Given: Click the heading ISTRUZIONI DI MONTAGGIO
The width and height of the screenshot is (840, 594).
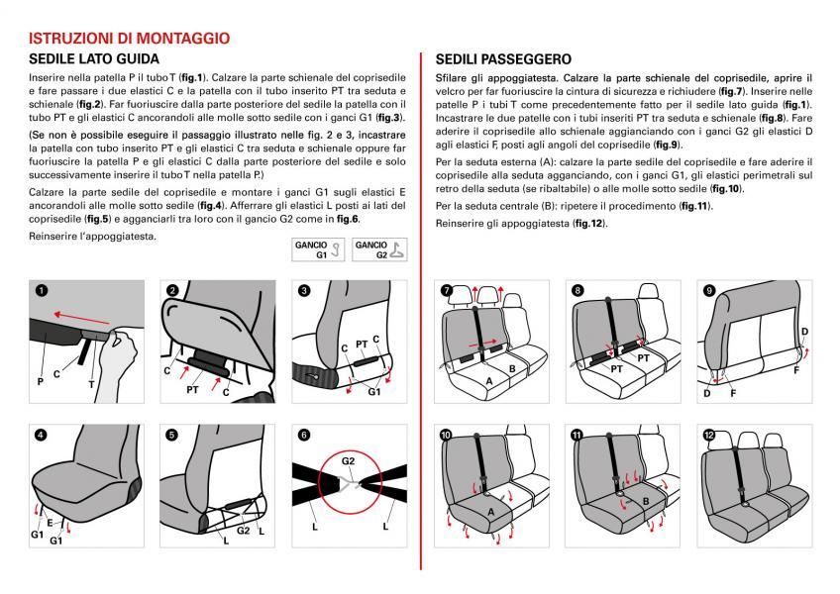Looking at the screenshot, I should coord(130,39).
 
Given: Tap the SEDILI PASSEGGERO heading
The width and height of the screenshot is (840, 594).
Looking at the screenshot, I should coord(503,59).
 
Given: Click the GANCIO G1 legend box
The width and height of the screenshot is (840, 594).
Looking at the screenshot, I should coord(317,248).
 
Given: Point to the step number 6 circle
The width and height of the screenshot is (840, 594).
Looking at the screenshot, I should coord(304,435).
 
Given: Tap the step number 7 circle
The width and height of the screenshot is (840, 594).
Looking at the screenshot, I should coord(446,290).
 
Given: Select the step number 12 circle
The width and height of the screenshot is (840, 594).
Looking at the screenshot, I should coord(708,435).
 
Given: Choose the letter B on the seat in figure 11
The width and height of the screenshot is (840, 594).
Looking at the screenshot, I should coord(644,501).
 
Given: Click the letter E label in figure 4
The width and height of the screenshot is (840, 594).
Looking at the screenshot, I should coord(50,521).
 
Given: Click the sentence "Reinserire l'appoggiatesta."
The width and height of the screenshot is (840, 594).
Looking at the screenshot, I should coord(92,237).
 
